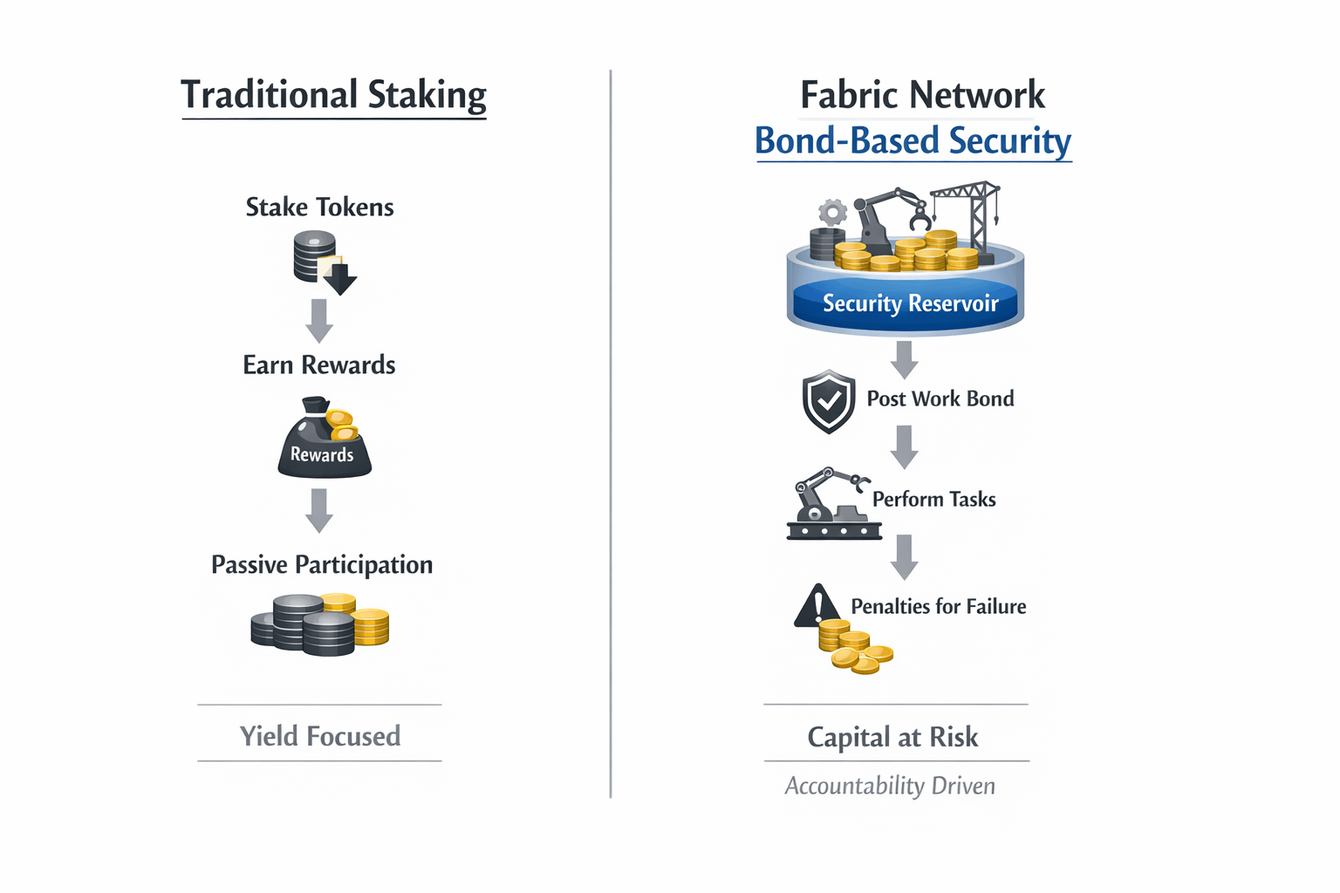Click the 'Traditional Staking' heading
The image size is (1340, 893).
[333, 95]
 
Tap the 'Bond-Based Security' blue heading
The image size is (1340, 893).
[913, 141]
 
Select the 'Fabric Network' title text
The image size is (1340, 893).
[922, 95]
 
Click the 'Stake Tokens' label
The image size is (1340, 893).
[319, 208]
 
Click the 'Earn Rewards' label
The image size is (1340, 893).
[319, 365]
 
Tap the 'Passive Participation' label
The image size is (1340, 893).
[322, 565]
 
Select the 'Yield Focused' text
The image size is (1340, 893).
[320, 736]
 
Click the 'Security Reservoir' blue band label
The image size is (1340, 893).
[910, 303]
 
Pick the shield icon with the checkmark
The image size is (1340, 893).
[828, 401]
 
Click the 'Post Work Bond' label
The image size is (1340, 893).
[940, 399]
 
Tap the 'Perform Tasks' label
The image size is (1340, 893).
[933, 499]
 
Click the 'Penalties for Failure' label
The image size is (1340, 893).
[938, 606]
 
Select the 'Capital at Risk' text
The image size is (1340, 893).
[892, 737]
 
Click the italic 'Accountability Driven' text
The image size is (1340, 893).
[890, 786]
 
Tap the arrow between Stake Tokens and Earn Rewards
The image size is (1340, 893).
[319, 320]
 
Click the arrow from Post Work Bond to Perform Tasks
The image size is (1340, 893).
[905, 446]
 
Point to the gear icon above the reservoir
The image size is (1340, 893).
[833, 212]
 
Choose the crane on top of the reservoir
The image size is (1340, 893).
[970, 214]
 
